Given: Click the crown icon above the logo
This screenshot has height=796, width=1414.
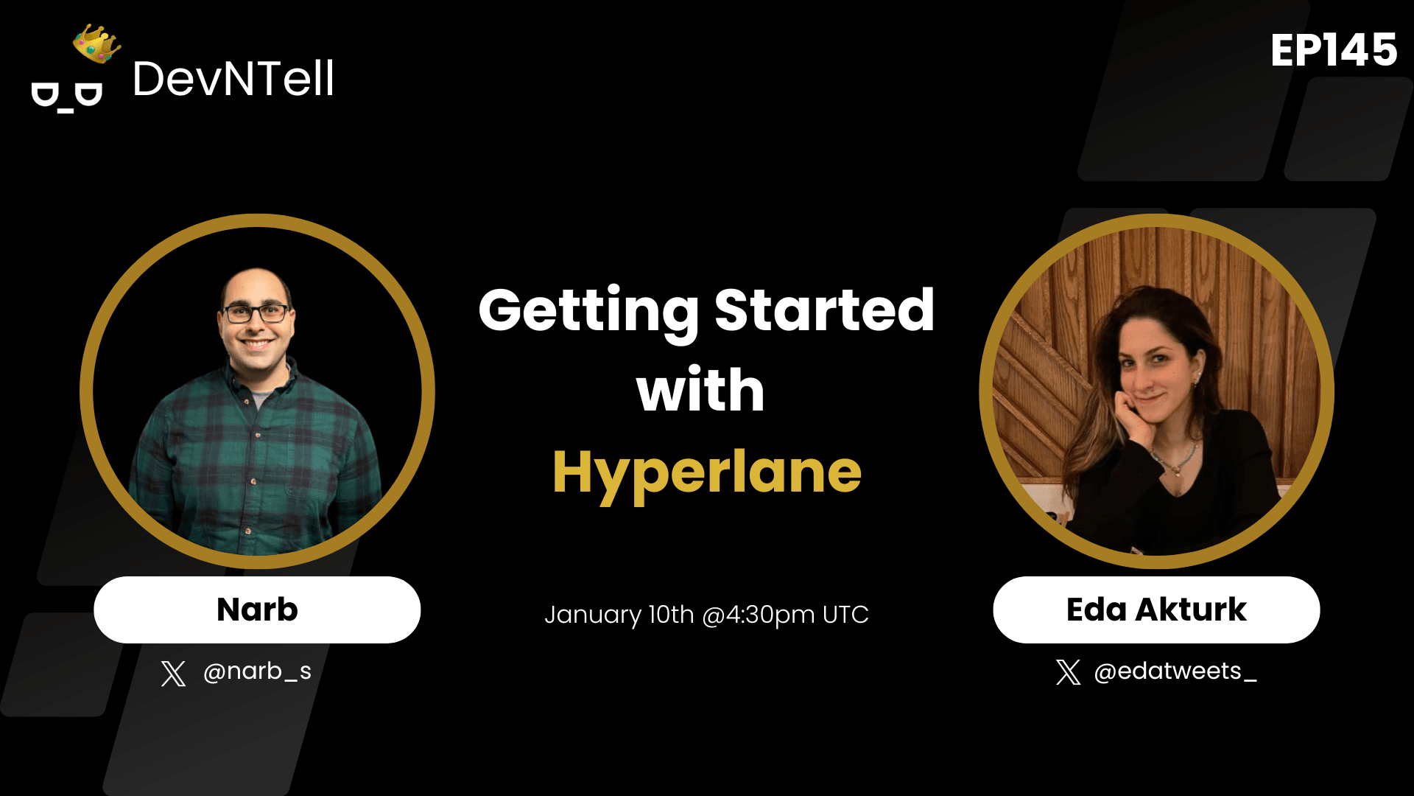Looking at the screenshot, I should pyautogui.click(x=96, y=44).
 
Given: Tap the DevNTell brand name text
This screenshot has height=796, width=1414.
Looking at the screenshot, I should pyautogui.click(x=233, y=79).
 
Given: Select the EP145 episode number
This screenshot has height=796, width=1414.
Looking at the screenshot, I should pyautogui.click(x=1333, y=50).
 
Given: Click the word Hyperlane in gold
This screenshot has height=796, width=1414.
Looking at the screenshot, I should pyautogui.click(x=706, y=472).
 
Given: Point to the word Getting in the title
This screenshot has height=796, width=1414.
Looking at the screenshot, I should pyautogui.click(x=588, y=311).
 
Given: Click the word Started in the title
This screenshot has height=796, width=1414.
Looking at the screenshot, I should pyautogui.click(x=824, y=310).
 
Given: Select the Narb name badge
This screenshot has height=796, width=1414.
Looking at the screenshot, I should pyautogui.click(x=257, y=610).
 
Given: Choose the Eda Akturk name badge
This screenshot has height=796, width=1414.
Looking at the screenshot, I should pyautogui.click(x=1156, y=610).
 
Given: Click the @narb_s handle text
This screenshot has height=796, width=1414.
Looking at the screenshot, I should pyautogui.click(x=257, y=671).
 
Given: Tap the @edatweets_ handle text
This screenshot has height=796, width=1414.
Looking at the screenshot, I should pyautogui.click(x=1175, y=671).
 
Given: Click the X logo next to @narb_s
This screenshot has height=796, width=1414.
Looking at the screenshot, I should pyautogui.click(x=173, y=673).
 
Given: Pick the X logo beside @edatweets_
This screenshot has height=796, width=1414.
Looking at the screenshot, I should pyautogui.click(x=1068, y=672).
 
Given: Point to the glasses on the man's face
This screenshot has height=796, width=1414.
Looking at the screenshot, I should pyautogui.click(x=256, y=313).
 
